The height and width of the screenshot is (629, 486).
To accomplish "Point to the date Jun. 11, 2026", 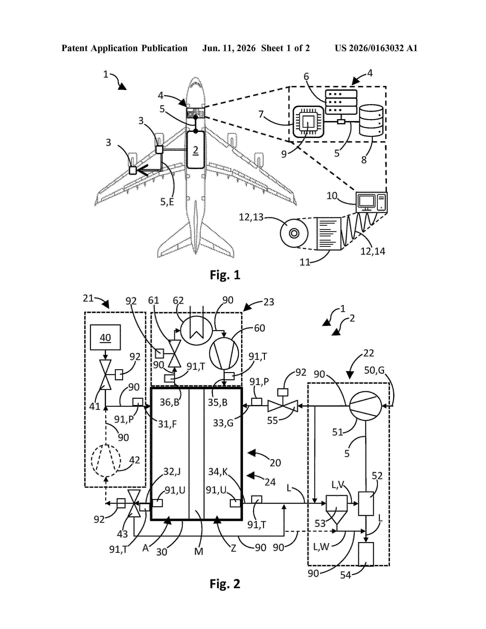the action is (229, 48).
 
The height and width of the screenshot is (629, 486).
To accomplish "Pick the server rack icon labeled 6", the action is (341, 102).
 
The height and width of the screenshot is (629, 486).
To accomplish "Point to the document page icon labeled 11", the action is (329, 233).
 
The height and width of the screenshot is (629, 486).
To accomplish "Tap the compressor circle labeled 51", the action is (365, 406).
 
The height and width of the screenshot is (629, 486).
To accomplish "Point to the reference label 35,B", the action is (218, 402).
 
